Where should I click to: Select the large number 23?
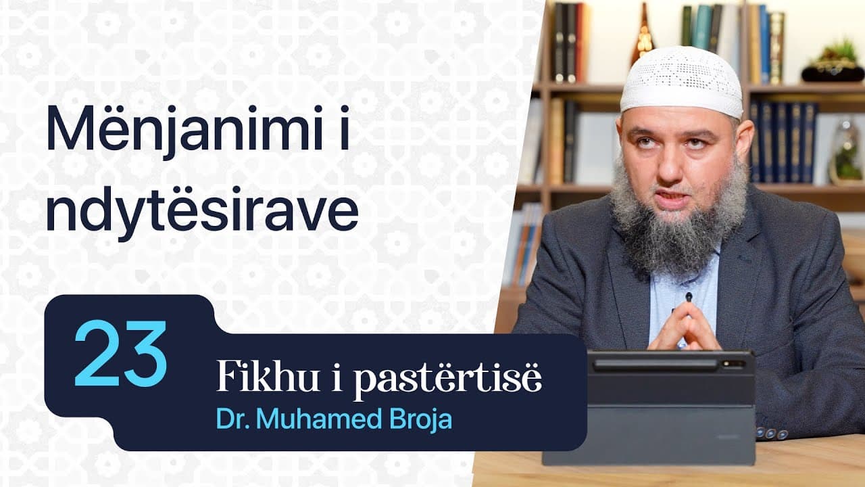coord(120,354)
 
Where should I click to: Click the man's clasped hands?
coord(684,327)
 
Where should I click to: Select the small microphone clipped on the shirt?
coord(689,297)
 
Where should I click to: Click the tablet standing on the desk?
coord(649,406)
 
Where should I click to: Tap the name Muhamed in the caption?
coord(318,419)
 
